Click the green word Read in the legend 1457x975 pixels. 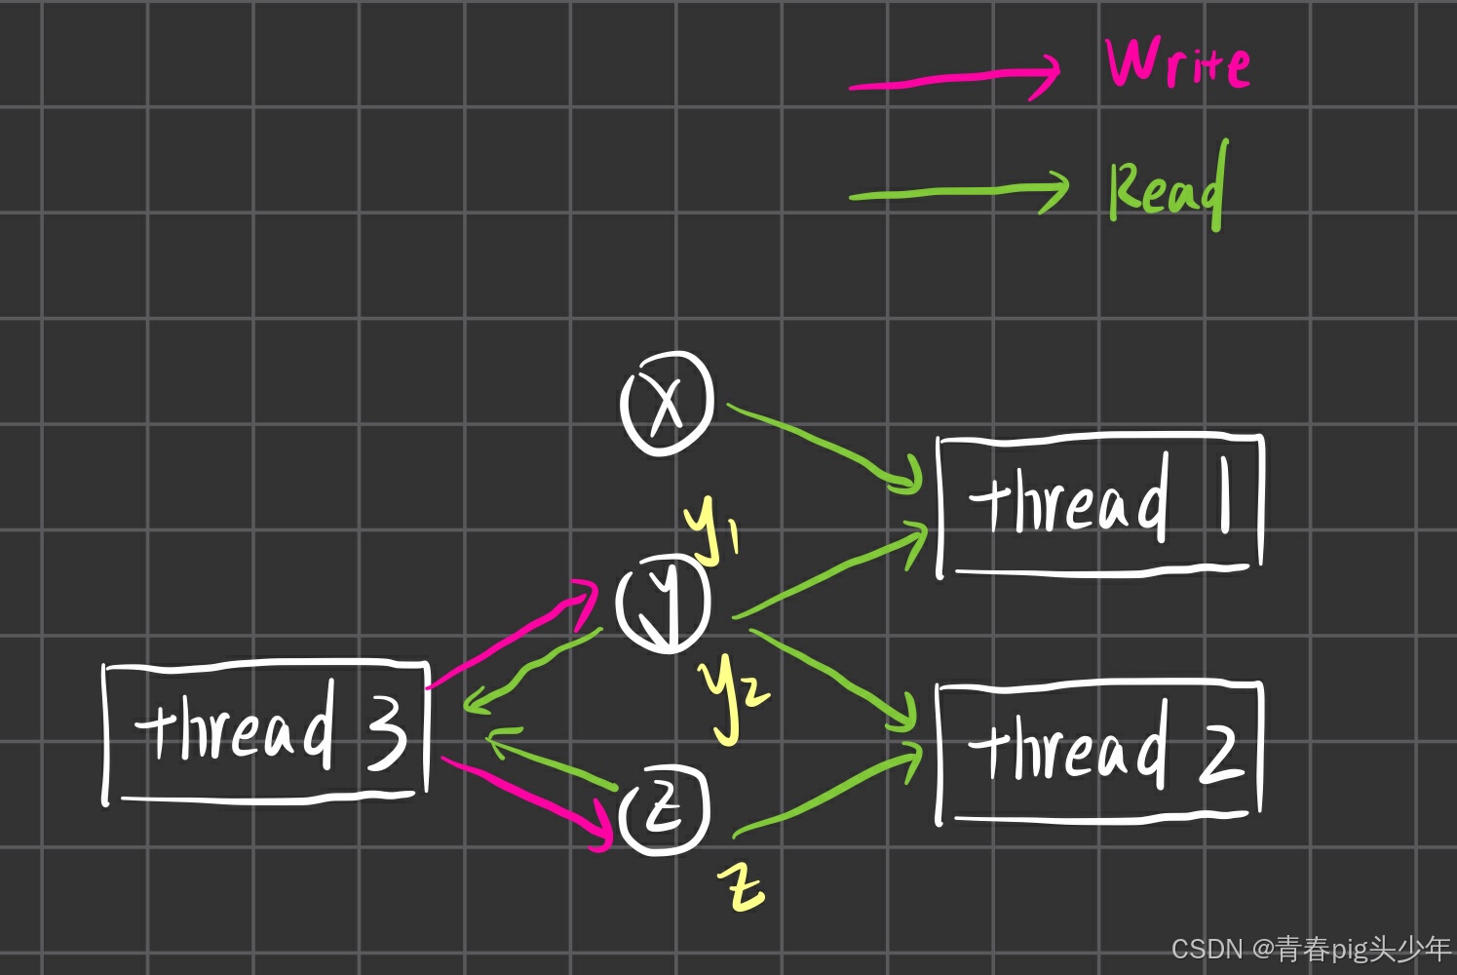point(1167,187)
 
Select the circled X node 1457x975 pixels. point(667,403)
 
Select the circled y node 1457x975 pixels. point(664,602)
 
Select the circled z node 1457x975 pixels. point(666,810)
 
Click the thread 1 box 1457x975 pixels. point(1100,505)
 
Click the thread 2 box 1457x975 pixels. point(1098,752)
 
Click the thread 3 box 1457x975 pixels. point(265,732)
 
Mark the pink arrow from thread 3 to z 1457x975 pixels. point(526,796)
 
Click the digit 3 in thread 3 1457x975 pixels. point(387,732)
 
